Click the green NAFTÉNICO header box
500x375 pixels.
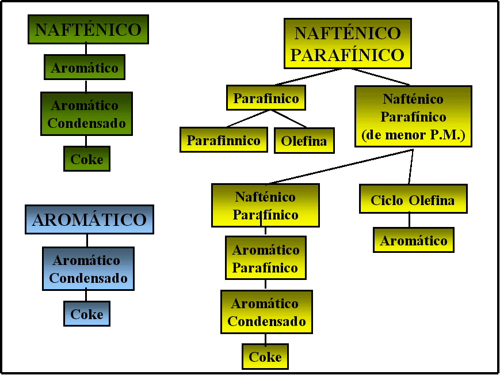click(88, 29)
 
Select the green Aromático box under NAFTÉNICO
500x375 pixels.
click(85, 67)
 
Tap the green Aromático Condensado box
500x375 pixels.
click(86, 114)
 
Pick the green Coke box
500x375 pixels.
click(87, 158)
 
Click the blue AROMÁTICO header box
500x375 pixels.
click(89, 219)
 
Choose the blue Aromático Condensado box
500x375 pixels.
click(89, 269)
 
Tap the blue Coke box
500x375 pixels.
click(87, 314)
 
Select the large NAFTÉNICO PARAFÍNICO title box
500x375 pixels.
click(348, 43)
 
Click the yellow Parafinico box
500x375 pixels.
click(266, 98)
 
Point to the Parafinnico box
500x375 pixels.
click(224, 140)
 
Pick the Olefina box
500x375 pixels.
click(304, 141)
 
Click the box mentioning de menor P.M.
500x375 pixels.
click(413, 116)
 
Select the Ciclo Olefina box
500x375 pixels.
click(413, 199)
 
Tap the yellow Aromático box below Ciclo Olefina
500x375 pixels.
click(414, 240)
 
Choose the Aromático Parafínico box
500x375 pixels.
click(266, 258)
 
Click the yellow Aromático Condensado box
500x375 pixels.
click(266, 312)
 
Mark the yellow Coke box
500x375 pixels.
click(265, 357)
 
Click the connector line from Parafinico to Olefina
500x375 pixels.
click(289, 119)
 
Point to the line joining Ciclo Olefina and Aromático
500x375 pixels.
click(410, 220)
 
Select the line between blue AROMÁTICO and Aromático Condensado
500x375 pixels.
click(87, 240)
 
